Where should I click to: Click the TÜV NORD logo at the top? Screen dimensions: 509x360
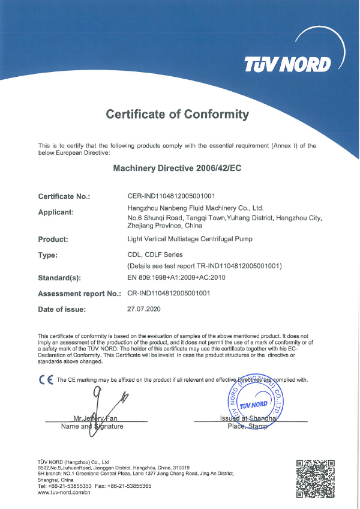click(287, 64)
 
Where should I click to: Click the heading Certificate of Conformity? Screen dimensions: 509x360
click(177, 114)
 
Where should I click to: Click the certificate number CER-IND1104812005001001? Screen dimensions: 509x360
click(172, 196)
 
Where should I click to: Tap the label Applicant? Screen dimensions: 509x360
click(56, 212)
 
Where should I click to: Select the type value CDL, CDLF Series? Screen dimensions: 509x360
click(155, 254)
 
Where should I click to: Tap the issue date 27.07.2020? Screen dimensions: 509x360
click(145, 309)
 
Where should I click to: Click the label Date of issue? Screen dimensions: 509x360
click(62, 310)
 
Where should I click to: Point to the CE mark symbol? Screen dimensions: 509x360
click(44, 379)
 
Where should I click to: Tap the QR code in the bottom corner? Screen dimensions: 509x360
click(315, 478)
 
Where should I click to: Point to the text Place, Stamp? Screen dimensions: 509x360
click(245, 426)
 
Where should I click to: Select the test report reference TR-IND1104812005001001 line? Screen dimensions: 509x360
click(205, 265)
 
